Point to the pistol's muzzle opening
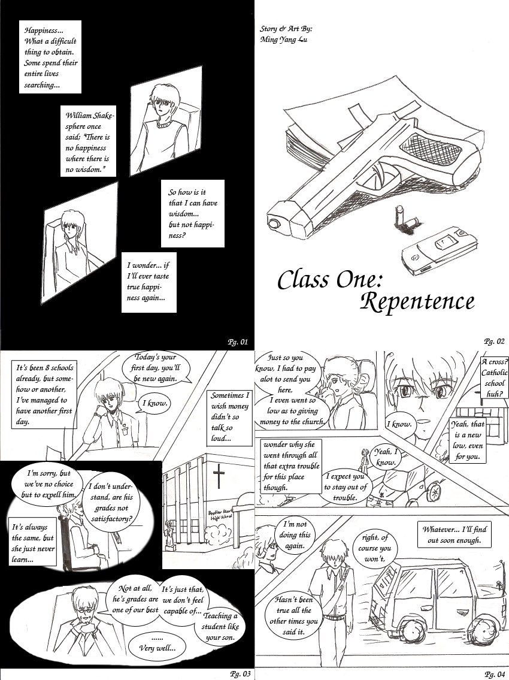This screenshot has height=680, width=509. (x=275, y=223)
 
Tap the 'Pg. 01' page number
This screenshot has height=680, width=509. (x=238, y=341)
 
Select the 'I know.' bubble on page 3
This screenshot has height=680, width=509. (x=156, y=404)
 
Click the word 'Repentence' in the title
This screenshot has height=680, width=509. (x=417, y=302)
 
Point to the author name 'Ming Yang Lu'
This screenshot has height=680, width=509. (x=284, y=40)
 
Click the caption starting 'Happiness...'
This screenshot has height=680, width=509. (x=50, y=57)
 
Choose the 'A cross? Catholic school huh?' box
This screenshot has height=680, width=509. (x=494, y=377)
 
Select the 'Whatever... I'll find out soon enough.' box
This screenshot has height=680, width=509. (x=454, y=535)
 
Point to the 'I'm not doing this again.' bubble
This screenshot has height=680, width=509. (x=295, y=535)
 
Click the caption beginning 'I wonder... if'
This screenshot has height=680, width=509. (x=149, y=282)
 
